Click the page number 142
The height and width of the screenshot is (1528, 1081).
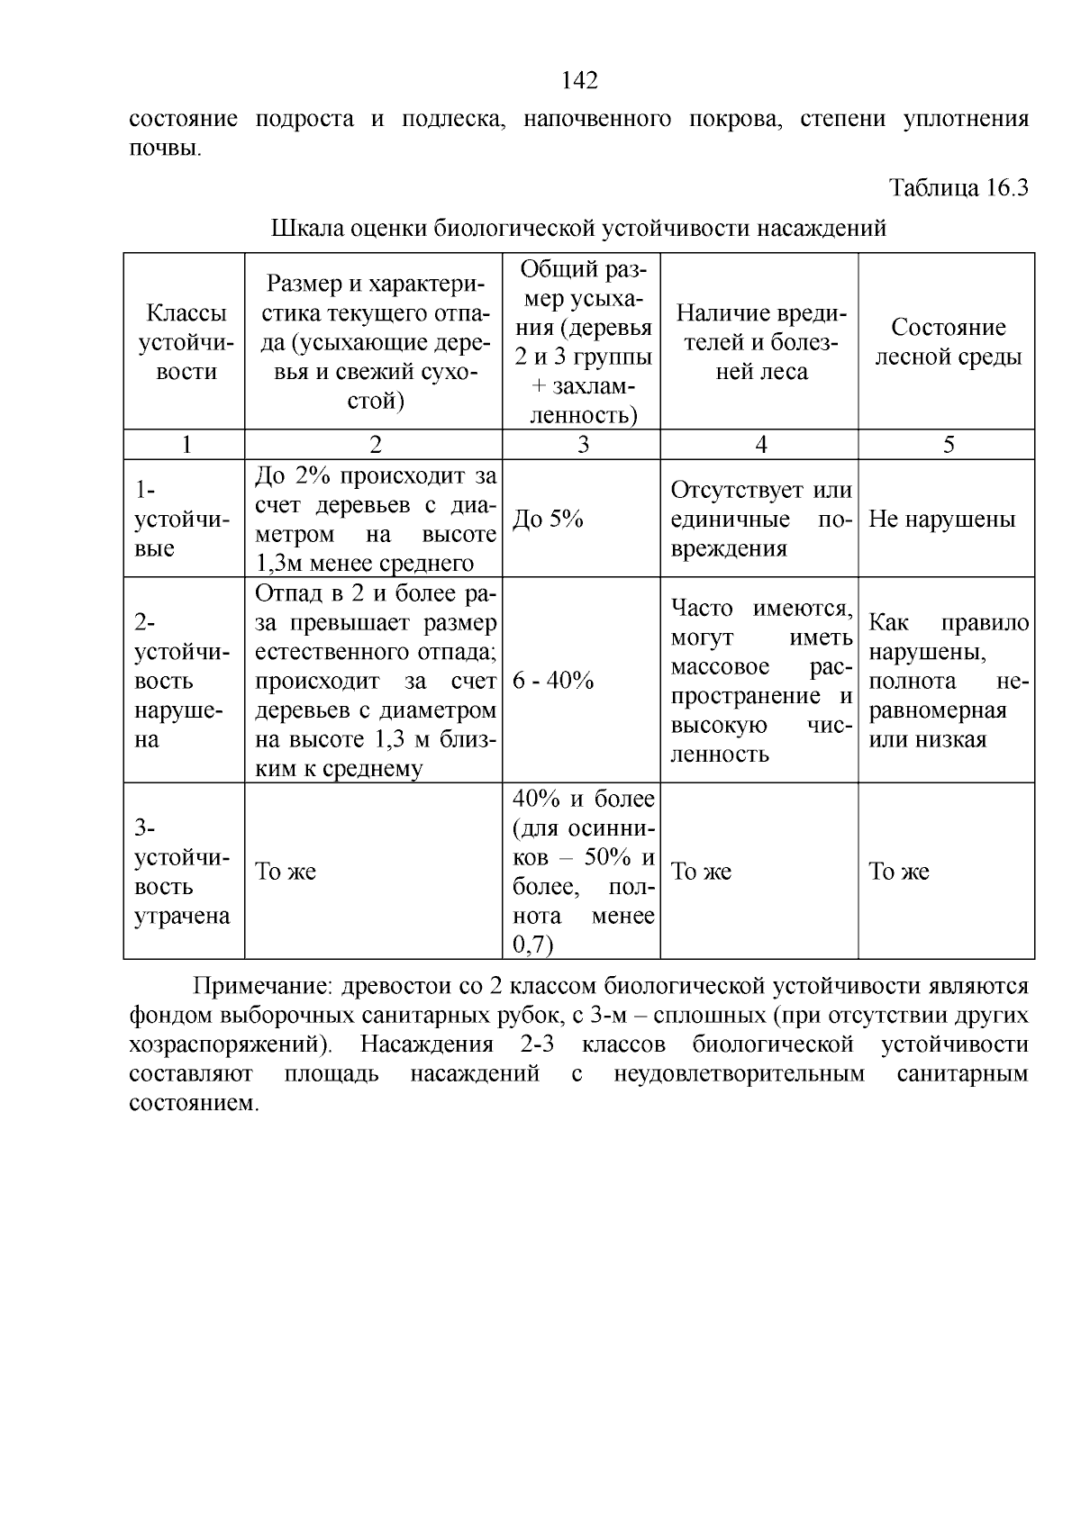pos(579,81)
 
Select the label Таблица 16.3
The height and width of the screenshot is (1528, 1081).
pos(958,188)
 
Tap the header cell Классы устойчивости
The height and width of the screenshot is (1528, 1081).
pos(186,342)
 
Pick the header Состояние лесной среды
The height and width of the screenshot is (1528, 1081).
pos(948,342)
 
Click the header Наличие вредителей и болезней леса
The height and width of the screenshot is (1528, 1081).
pos(760,342)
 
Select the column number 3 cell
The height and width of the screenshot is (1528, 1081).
pos(582,445)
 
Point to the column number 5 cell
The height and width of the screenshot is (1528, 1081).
pos(948,445)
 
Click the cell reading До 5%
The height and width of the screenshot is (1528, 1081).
pos(548,520)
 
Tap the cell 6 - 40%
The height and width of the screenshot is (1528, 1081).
pos(553,681)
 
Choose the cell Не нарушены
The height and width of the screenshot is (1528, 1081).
pos(941,520)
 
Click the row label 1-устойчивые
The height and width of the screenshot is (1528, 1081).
pos(182,520)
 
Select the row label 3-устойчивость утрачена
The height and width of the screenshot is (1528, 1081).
pos(182,872)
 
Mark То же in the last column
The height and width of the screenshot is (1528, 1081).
pos(898,872)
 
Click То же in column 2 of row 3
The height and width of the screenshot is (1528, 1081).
pos(286,872)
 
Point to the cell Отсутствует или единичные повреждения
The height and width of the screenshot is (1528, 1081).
pos(760,520)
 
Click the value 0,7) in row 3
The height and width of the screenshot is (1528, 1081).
pos(532,945)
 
